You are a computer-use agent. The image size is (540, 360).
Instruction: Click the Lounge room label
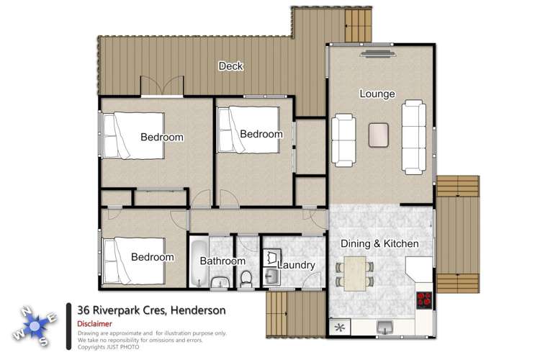click(x=377, y=94)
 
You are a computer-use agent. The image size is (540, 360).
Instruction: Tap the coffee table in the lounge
click(x=379, y=135)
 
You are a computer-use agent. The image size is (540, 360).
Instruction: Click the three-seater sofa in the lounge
click(x=413, y=133)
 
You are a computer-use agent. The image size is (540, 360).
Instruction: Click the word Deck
click(x=230, y=67)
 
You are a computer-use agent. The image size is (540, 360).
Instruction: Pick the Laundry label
click(x=296, y=265)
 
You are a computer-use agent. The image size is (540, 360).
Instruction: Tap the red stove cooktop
click(x=425, y=300)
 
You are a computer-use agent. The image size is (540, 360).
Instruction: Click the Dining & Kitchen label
click(x=379, y=244)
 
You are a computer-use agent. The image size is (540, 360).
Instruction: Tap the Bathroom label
click(x=223, y=261)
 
